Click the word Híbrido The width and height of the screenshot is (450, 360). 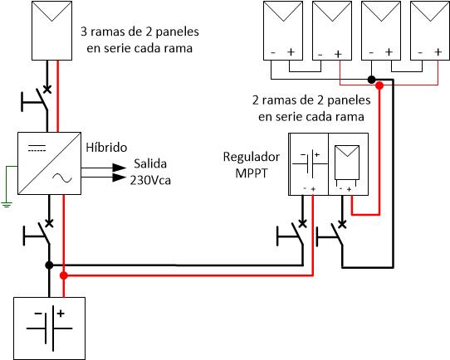coord(106,148)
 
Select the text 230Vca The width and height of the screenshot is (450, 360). coord(150,181)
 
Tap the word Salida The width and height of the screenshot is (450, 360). coord(150,163)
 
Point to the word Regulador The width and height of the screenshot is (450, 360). coord(252,157)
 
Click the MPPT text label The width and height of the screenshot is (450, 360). coord(251,173)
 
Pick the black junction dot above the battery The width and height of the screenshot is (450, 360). coord(49,265)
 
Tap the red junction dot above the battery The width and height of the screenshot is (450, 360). coord(64,275)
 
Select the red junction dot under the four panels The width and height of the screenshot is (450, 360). coord(379,85)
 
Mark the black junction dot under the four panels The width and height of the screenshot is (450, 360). coord(372,80)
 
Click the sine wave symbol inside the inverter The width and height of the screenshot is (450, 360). coord(62,178)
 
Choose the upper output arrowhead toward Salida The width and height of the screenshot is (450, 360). coord(120,168)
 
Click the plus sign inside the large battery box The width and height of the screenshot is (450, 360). coord(61,314)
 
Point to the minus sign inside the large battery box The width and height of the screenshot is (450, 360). coord(38,314)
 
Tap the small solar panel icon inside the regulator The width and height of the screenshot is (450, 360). coord(347,163)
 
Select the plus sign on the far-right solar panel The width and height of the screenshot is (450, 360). coord(438,52)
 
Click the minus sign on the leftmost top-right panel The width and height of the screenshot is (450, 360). coord(273,53)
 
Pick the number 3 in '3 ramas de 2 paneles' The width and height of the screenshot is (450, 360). coord(84,32)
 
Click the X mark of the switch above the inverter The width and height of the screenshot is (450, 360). coord(47,89)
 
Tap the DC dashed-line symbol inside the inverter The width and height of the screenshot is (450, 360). coord(37,148)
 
